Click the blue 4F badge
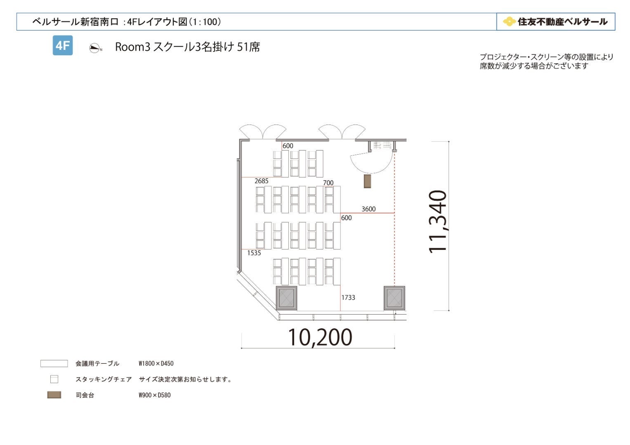point(63,45)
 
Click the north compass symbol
point(95,48)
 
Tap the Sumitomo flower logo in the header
point(509,21)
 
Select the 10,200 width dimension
point(320,337)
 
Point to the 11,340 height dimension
point(437,222)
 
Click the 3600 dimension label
point(368,209)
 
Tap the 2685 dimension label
point(261,181)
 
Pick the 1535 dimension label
point(254,253)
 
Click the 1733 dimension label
point(348,297)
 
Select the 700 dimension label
point(328,183)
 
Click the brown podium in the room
point(367,181)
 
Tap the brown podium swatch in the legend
point(54,395)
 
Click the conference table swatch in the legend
point(54,363)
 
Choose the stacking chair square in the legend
point(54,379)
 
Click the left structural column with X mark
point(286,298)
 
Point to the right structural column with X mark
point(394,298)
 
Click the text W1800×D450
point(156,363)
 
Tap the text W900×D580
point(154,395)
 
